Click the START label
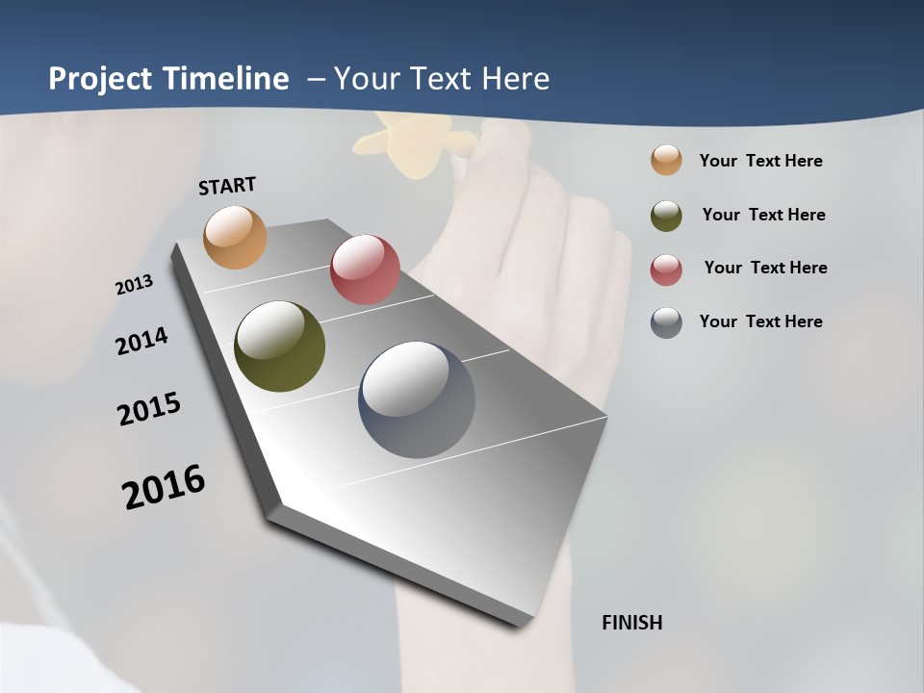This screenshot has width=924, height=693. click(227, 186)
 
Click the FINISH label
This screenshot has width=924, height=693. click(632, 623)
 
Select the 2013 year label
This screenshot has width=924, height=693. click(134, 285)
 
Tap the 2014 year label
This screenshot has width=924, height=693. click(141, 341)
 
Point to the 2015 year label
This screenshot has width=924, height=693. click(149, 409)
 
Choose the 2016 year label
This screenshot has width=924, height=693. click(164, 486)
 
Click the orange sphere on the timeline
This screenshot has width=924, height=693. click(235, 237)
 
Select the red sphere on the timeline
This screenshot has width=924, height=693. click(365, 269)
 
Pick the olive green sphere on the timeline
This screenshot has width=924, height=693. click(279, 346)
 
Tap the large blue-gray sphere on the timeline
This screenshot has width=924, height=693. click(417, 399)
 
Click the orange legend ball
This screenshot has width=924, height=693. click(666, 161)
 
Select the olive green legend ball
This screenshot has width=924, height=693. click(666, 216)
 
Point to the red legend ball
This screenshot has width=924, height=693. click(666, 269)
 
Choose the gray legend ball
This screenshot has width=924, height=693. click(666, 322)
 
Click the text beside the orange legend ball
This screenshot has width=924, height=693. click(760, 162)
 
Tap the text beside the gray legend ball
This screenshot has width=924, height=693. click(760, 321)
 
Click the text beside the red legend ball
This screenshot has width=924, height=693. click(765, 268)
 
